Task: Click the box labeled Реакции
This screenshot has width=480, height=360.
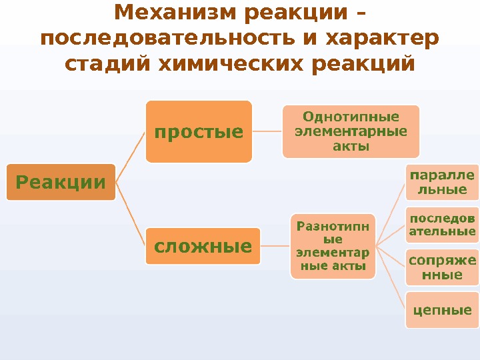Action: (61, 182)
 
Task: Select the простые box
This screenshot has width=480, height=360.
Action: (199, 131)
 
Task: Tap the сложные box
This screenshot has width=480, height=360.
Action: (203, 247)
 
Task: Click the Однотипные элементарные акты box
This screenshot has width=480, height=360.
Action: (351, 131)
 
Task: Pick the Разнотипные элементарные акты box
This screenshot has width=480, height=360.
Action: (332, 246)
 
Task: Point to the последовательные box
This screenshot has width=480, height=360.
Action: (442, 225)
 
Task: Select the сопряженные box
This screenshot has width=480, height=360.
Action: (442, 267)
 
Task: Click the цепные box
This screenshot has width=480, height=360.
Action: (442, 310)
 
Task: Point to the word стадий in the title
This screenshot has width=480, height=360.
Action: (107, 65)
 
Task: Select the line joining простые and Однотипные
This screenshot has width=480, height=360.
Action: (267, 131)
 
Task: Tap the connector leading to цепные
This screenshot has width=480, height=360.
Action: (391, 279)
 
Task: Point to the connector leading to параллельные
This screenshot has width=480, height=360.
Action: (391, 214)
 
